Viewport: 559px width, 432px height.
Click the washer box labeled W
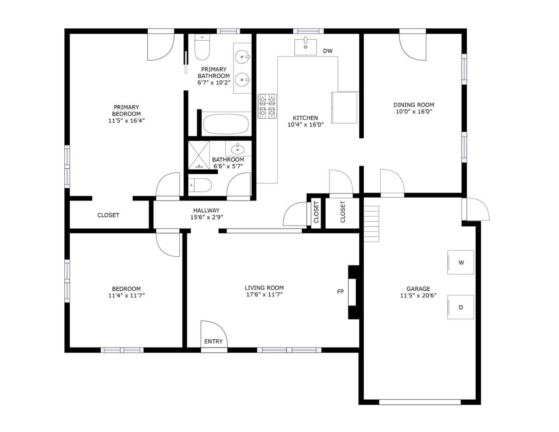tap(460, 262)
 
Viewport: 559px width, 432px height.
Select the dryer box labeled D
tap(460, 307)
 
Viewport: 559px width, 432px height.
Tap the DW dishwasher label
tap(328, 51)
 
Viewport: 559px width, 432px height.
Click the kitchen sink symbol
tap(305, 47)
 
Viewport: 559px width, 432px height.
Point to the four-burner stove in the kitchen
tap(267, 106)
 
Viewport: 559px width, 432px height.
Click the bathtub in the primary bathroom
tap(226, 124)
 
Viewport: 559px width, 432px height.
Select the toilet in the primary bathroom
tap(202, 48)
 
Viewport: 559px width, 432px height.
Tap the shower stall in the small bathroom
tap(199, 155)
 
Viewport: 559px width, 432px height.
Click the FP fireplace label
tap(340, 292)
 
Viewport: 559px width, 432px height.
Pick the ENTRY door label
tap(213, 341)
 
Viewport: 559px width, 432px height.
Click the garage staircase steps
tap(371, 224)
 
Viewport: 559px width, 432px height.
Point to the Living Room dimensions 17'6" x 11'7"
tap(264, 295)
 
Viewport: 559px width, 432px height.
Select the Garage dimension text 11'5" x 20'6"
tap(418, 296)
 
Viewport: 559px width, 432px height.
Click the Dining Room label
tap(414, 105)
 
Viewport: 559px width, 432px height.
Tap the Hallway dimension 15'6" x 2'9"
tap(206, 217)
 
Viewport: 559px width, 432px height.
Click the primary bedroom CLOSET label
tap(108, 215)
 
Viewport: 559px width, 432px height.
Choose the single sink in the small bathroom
tap(238, 150)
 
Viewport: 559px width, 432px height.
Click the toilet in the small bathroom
tap(200, 185)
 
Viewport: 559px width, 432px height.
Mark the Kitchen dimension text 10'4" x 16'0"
tap(305, 124)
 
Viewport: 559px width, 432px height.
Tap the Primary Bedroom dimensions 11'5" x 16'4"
tap(126, 120)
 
